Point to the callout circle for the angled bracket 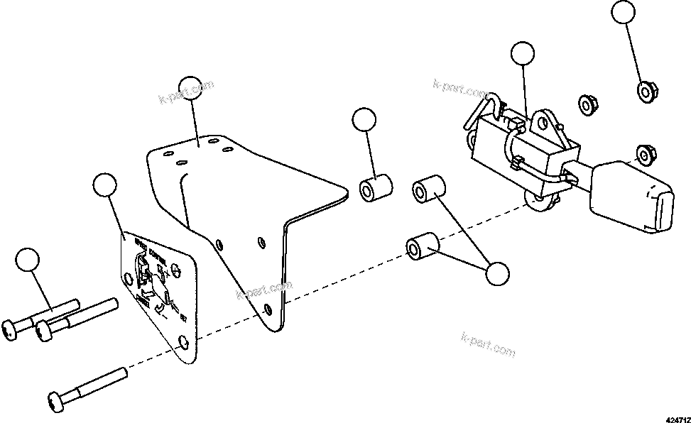(190, 87)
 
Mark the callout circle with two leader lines (495, 273)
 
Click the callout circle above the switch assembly (523, 54)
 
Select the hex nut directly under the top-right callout (645, 90)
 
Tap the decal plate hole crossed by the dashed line (184, 343)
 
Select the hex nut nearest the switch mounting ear (586, 104)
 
